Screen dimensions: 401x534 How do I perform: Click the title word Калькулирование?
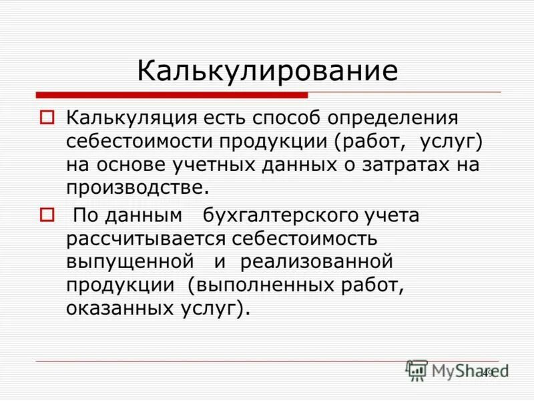point(268,71)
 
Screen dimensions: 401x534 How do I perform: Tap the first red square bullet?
point(47,119)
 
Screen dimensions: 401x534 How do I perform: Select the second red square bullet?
point(47,215)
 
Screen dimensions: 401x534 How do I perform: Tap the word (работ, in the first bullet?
point(370,142)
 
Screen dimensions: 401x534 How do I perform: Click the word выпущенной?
point(130,261)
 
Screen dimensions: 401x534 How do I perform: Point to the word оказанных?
point(111,308)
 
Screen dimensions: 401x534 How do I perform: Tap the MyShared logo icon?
point(417,370)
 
